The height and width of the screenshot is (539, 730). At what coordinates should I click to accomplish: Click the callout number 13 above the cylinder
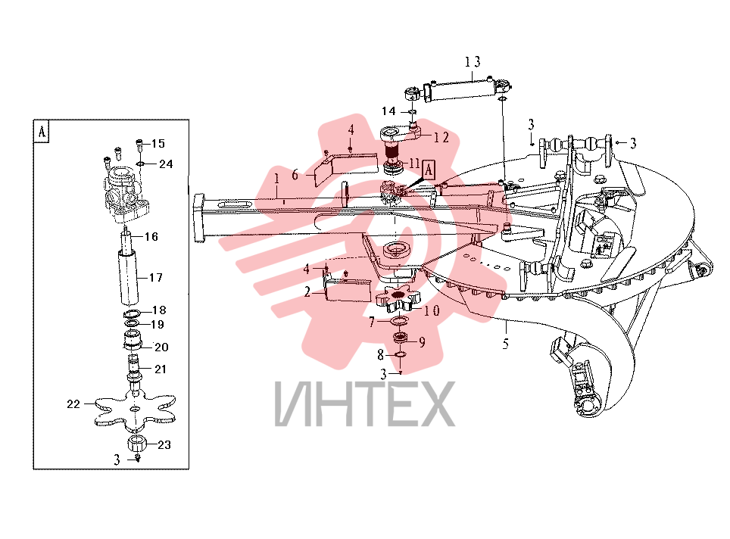(472, 61)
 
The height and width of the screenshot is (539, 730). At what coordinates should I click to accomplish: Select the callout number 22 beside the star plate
(73, 404)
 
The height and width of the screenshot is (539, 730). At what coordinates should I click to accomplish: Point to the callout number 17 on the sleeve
(156, 278)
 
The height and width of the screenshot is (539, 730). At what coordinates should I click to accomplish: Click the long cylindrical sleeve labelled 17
(128, 277)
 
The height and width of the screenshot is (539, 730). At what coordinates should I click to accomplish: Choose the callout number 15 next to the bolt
(158, 143)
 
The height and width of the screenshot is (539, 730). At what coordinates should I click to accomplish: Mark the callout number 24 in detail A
(166, 164)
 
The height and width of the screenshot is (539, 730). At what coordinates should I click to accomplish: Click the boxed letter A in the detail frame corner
(42, 132)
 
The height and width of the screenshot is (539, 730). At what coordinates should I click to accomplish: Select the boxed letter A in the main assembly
(429, 170)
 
